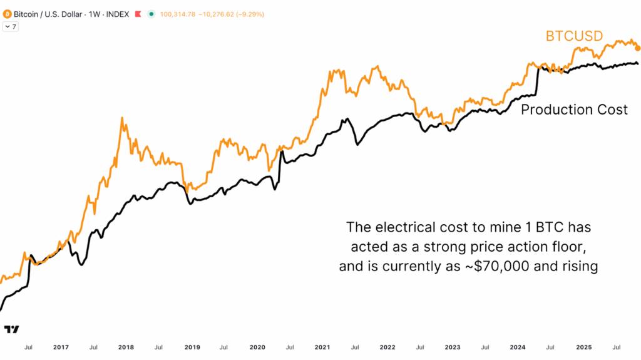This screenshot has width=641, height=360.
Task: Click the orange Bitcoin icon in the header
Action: point(7,14)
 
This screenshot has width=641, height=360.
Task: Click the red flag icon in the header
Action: point(138,14)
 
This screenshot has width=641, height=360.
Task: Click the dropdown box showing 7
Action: point(11,26)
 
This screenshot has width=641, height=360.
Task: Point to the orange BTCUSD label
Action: point(574,36)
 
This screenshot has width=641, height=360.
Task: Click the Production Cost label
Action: point(574,110)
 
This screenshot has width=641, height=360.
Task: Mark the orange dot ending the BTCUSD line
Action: point(637,48)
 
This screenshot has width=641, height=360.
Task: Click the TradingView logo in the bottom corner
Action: point(11,329)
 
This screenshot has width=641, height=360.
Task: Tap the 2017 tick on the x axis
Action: point(61,347)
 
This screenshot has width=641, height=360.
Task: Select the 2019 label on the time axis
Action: point(192,347)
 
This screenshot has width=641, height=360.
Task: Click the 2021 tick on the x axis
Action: point(322,347)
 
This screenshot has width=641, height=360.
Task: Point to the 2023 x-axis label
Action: point(453,347)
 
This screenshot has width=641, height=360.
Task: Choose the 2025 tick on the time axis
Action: point(583,347)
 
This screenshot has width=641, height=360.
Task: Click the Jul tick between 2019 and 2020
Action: point(224,347)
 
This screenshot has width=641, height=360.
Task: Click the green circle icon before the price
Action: point(151,14)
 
